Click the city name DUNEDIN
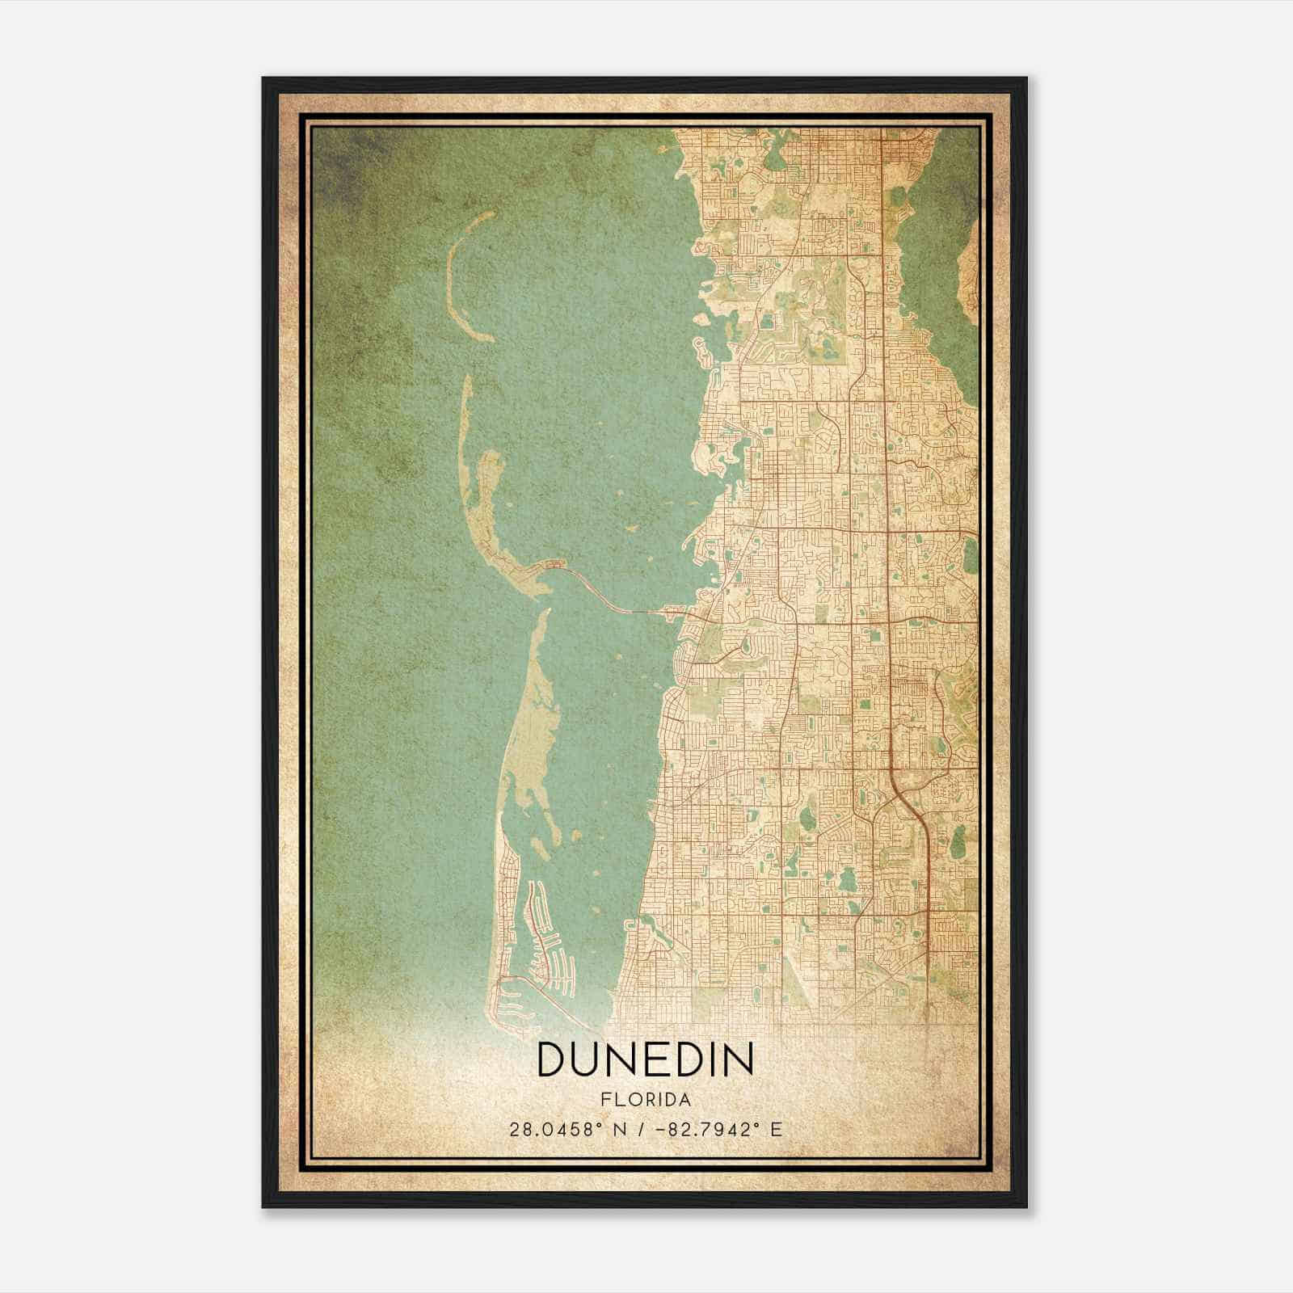click(645, 1059)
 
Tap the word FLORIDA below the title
click(646, 1100)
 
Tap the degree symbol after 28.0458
click(599, 1124)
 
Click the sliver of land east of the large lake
click(967, 267)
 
